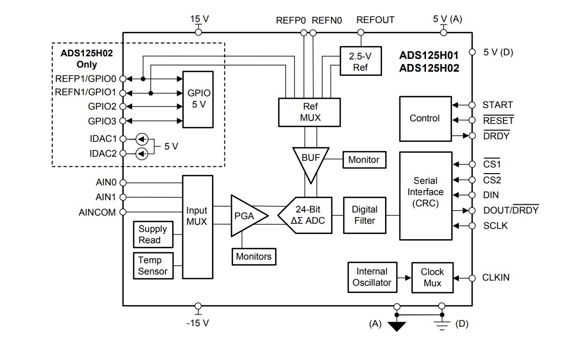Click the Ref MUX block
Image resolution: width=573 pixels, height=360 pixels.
click(309, 112)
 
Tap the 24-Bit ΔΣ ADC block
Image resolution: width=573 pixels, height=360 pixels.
click(306, 215)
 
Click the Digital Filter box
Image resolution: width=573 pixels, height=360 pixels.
click(365, 215)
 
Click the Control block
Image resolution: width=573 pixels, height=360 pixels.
click(425, 119)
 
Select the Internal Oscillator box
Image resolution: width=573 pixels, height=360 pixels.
click(372, 278)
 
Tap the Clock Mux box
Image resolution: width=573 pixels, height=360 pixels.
click(432, 278)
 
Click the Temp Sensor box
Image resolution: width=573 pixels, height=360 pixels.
click(153, 266)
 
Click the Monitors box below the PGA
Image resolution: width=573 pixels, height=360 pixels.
click(254, 257)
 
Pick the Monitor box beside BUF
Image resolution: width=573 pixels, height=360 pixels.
click(364, 160)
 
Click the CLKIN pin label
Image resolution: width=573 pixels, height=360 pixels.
click(495, 278)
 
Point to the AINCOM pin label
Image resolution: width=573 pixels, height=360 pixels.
click(97, 212)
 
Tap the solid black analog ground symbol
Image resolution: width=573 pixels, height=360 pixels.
click(396, 326)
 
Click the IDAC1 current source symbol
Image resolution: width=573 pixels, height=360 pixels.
click(142, 139)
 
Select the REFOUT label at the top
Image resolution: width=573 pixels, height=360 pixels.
click(375, 20)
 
